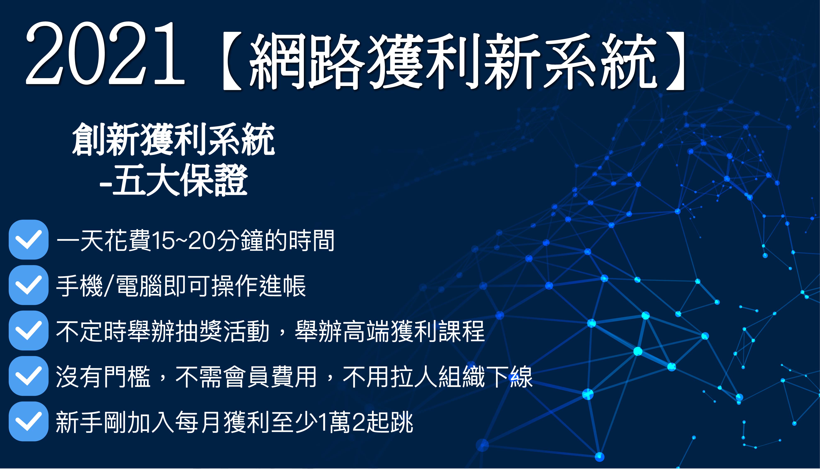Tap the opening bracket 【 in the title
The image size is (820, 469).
coord(232,61)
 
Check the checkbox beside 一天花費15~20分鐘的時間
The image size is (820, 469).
coord(29,240)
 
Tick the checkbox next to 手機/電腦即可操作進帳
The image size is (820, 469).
coord(29,285)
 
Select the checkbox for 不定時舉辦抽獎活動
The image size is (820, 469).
coord(29,331)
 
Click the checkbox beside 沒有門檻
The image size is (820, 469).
coord(29,376)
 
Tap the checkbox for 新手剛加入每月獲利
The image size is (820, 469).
coord(29,421)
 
